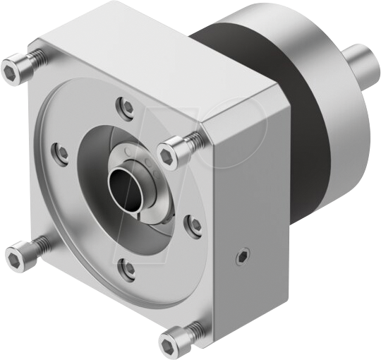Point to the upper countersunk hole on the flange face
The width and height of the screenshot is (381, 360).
coord(127,107)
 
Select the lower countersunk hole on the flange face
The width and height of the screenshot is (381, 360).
coord(127,268)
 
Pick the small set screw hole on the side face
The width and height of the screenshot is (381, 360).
coord(243,253)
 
